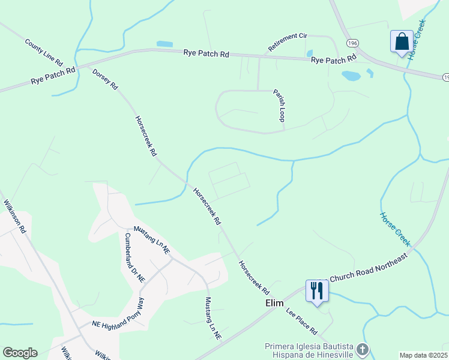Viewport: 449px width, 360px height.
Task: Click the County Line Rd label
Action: coord(44,52)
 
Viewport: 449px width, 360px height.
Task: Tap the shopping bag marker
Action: coord(401,42)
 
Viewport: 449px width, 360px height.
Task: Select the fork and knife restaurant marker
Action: coord(316,291)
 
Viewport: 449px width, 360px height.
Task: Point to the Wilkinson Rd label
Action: coord(15,216)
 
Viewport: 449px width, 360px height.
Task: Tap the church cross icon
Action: coord(362,349)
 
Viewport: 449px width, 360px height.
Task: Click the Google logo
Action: coord(20,353)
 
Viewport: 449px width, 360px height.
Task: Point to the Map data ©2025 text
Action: coord(424,355)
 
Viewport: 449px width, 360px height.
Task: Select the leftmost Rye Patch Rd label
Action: coord(53,74)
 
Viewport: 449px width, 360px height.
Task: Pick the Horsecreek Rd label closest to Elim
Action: coord(253,277)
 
